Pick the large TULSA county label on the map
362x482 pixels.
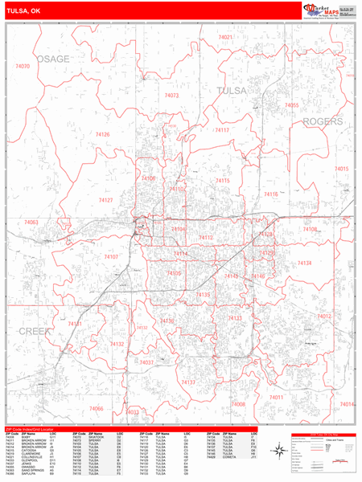point(234,91)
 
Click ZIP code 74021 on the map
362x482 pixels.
point(225,38)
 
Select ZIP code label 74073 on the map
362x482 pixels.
point(171,96)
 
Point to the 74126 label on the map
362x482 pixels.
point(102,134)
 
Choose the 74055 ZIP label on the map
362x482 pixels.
point(291,105)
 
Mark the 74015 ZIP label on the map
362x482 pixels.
point(341,169)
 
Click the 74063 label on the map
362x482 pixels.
point(31,222)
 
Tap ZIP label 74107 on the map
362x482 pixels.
point(111,257)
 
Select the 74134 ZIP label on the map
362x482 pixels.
point(305,263)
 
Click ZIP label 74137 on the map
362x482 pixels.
point(188,382)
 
